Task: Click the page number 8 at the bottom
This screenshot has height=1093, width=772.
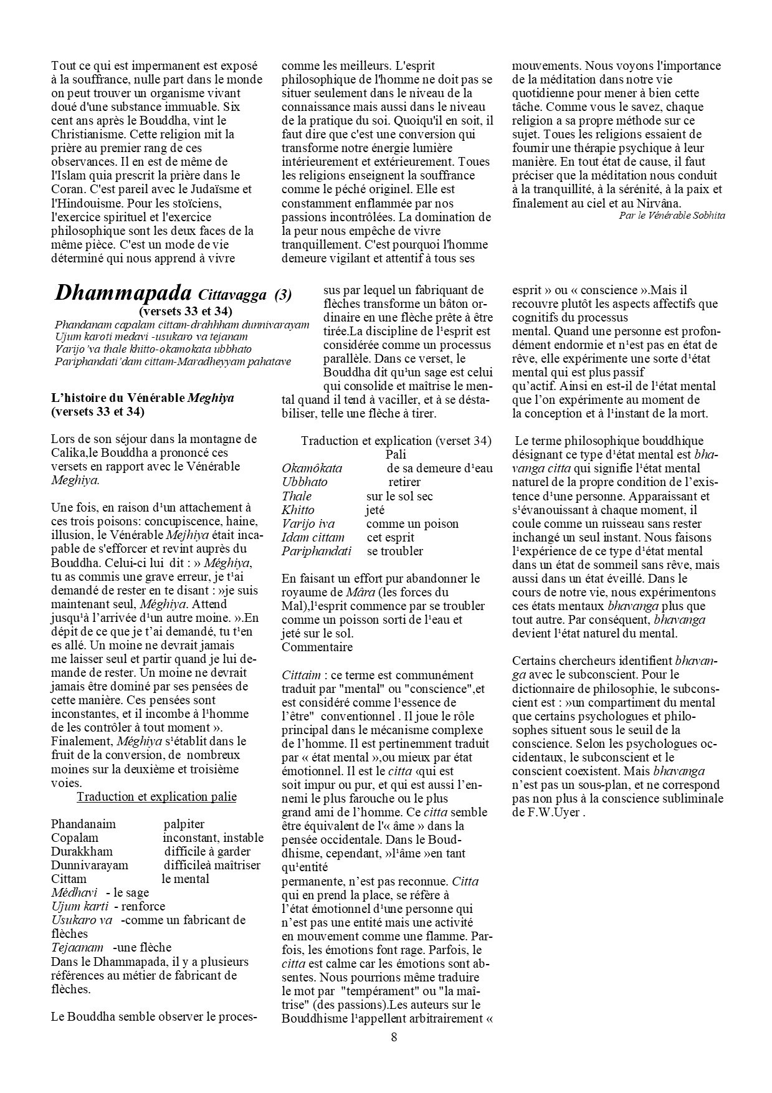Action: click(x=394, y=1037)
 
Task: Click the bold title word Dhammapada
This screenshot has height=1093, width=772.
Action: click(x=124, y=293)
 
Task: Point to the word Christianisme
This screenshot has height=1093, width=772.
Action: click(x=90, y=134)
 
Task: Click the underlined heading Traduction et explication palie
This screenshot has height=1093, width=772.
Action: click(x=156, y=796)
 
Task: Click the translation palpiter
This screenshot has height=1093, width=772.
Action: click(x=184, y=824)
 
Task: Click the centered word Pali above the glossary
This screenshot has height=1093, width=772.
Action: click(x=396, y=455)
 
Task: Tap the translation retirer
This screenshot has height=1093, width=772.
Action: click(x=404, y=482)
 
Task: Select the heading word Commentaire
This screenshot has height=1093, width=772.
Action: click(x=317, y=647)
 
